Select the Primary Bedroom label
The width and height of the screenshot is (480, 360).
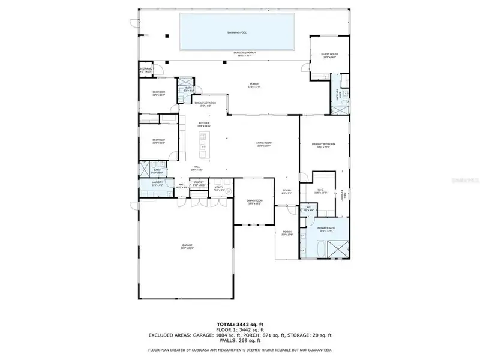point(324,145)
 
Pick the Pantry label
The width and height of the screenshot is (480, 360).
point(199,184)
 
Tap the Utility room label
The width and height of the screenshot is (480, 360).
point(219,188)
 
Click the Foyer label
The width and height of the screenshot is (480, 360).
point(287,192)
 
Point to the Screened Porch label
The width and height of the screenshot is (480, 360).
point(242,54)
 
